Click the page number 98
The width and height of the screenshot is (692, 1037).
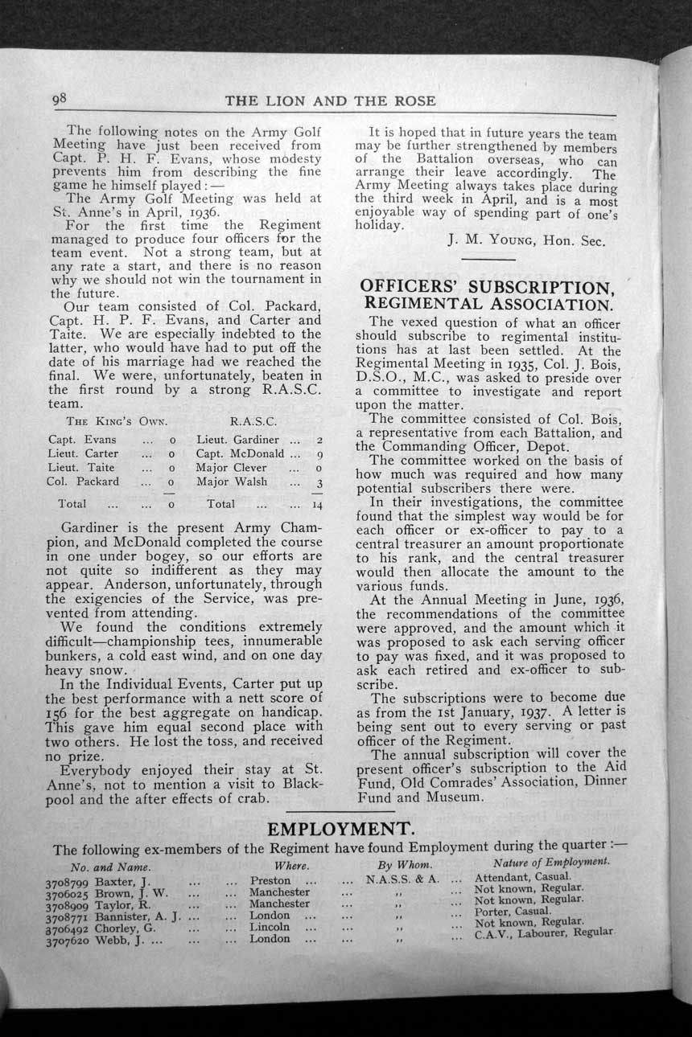click(60, 99)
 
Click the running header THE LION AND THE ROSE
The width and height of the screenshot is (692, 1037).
click(331, 100)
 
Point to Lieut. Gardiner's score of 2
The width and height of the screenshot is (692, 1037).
click(319, 440)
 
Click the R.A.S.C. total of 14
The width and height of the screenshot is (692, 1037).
click(316, 505)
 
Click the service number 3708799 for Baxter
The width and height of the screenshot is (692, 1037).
click(69, 881)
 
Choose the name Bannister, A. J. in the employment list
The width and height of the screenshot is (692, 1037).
click(140, 916)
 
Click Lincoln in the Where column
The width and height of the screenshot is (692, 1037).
click(270, 927)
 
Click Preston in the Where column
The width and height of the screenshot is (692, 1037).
click(270, 881)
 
